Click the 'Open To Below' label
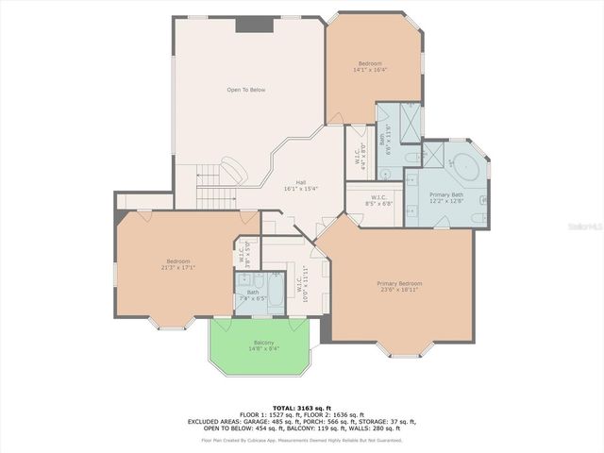[x=245, y=90]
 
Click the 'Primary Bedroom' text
[x=399, y=283]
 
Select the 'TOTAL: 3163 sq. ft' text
[x=301, y=406]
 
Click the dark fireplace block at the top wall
[x=250, y=25]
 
